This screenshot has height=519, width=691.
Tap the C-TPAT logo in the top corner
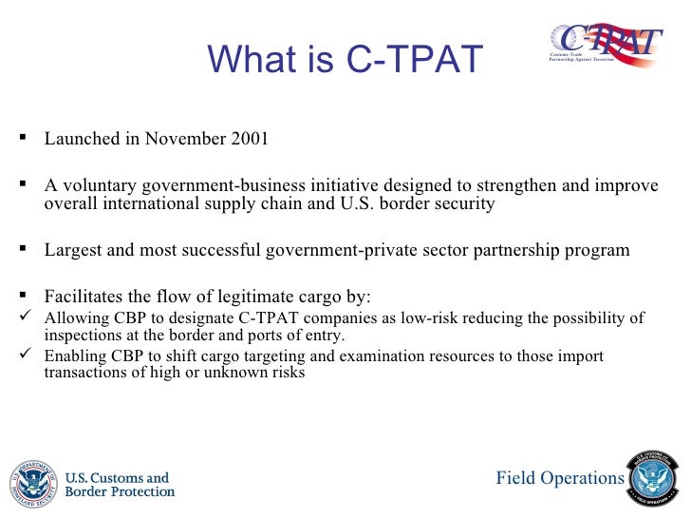(x=605, y=42)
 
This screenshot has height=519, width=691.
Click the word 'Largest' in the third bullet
(x=72, y=251)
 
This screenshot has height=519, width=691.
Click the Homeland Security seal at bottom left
(x=32, y=484)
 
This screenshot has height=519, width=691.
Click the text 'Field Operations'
(x=560, y=478)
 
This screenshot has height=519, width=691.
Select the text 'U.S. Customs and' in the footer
(x=116, y=477)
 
